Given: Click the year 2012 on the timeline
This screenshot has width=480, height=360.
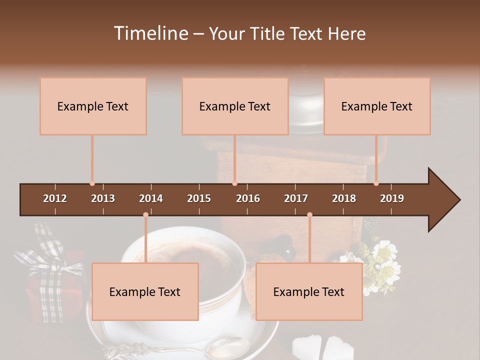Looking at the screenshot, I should point(55,198).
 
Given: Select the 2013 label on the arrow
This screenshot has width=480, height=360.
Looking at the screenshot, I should point(103,198).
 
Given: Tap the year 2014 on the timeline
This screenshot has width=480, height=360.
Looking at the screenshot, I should point(151,198).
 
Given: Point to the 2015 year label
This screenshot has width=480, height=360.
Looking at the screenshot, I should point(199,198).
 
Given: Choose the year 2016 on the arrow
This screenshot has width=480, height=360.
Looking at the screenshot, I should point(248,198).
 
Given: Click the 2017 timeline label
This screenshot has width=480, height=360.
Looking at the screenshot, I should point(296,198).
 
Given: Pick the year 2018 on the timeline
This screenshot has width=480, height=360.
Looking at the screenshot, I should point(344,198).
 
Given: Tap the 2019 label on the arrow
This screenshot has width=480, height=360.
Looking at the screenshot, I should point(392,198).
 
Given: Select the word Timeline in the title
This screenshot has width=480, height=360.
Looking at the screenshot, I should point(150,33).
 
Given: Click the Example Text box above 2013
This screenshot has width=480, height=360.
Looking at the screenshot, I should point(93,106).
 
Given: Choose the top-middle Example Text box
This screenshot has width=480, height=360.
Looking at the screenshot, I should point(235,106).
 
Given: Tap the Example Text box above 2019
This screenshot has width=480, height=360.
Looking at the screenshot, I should point(377,106).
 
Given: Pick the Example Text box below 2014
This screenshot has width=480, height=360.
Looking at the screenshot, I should point(145,292).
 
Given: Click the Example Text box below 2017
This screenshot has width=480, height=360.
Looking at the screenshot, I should point(309,292).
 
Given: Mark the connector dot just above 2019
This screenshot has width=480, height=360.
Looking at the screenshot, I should point(376,183).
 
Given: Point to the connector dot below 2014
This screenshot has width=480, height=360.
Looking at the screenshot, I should point(145,215).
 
